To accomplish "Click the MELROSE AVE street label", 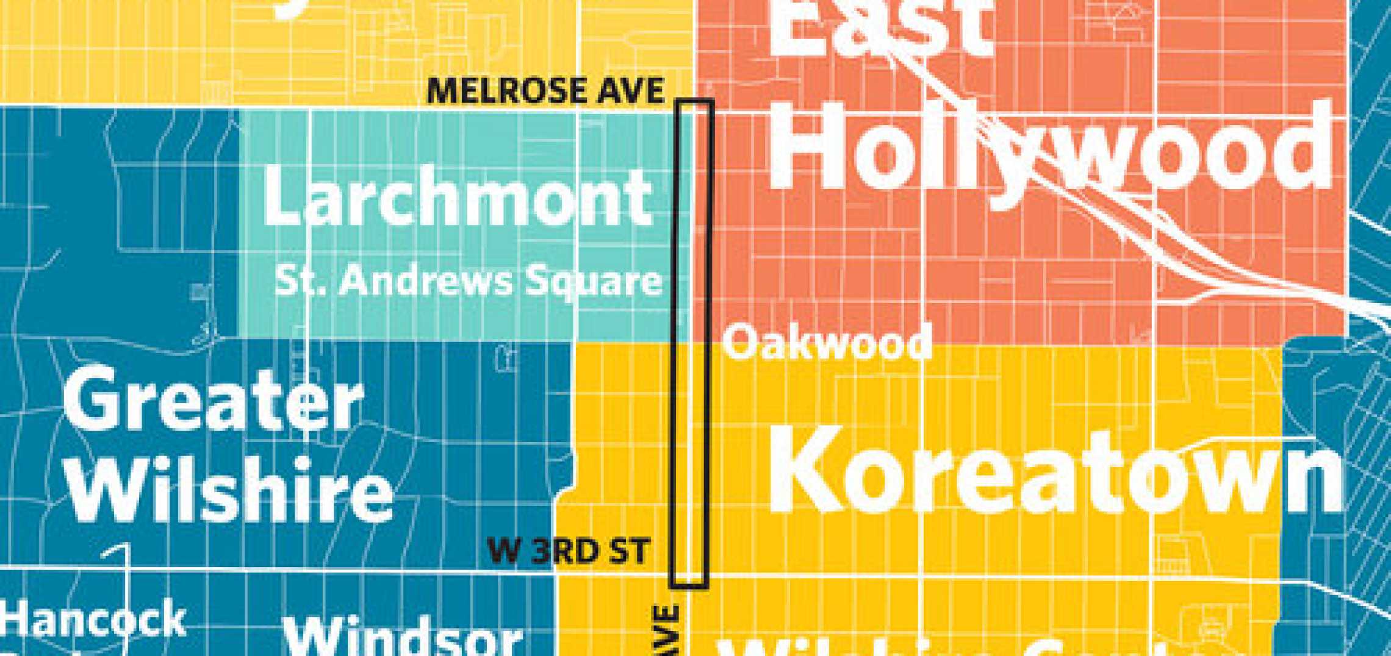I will pyautogui.click(x=545, y=91).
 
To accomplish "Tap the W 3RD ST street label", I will pyautogui.click(x=568, y=551).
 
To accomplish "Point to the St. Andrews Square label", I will pyautogui.click(x=468, y=281).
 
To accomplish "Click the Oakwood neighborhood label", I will pyautogui.click(x=827, y=343).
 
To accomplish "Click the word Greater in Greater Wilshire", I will pyautogui.click(x=214, y=401).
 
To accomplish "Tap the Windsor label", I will pyautogui.click(x=403, y=637).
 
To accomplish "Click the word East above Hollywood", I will pyautogui.click(x=879, y=27).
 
